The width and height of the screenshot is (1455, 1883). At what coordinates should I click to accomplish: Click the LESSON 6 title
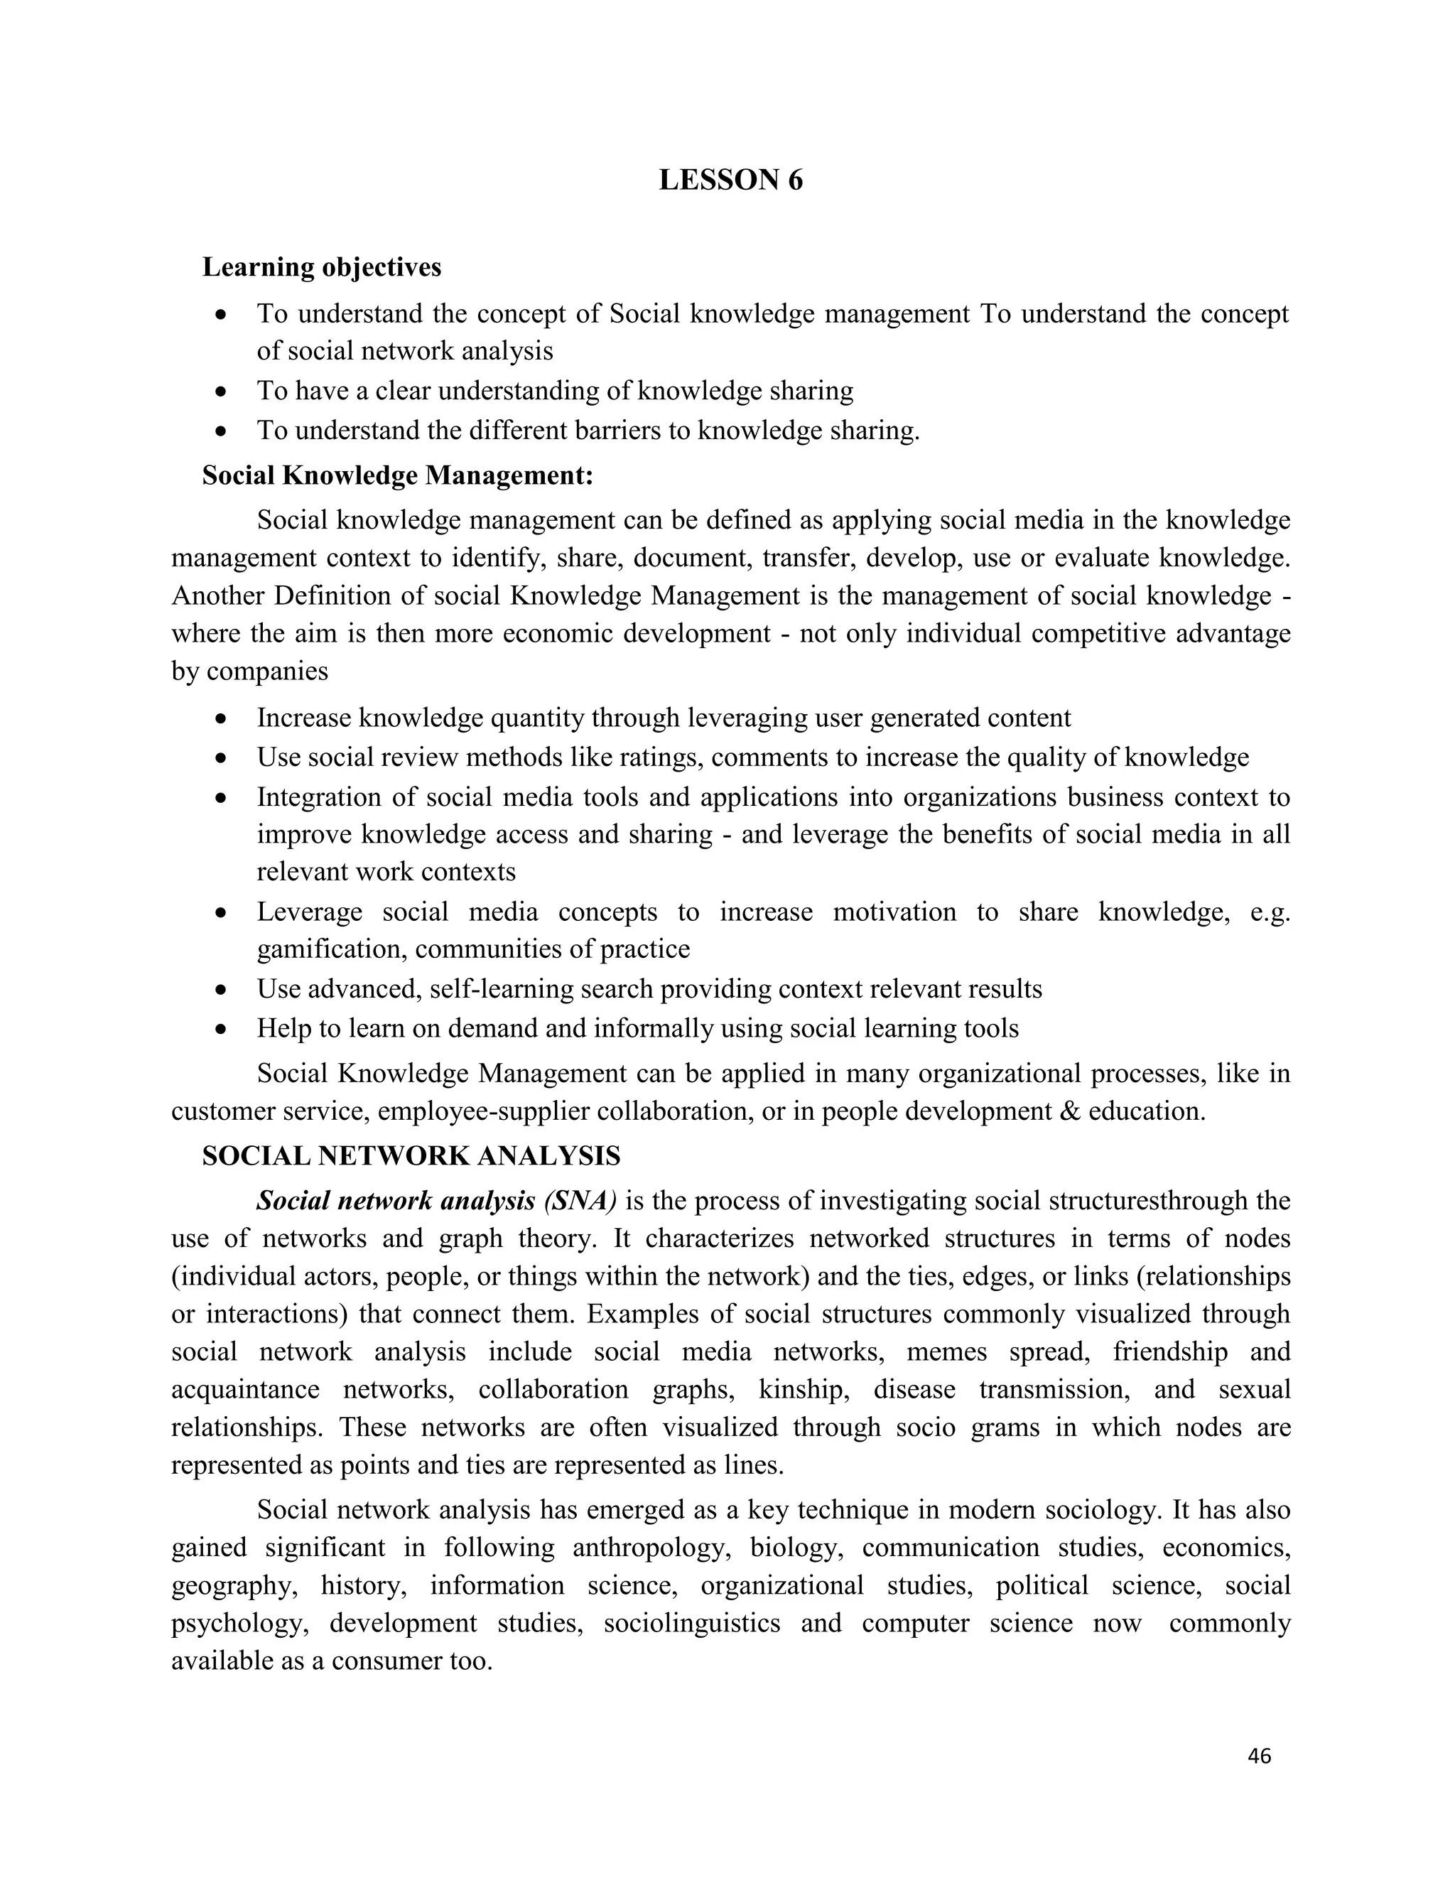pos(730,180)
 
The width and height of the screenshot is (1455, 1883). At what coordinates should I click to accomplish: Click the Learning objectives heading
pos(322,267)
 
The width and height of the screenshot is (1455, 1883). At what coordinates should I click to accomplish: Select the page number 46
pos(1258,1757)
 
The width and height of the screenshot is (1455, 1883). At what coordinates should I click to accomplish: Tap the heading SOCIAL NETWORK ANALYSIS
pos(411,1155)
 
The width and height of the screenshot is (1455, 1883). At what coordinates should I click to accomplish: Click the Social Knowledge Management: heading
pos(397,475)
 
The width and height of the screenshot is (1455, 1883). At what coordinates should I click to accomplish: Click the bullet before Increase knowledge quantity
pos(222,718)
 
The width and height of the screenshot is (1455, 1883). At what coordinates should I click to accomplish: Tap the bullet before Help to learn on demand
pos(222,1029)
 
